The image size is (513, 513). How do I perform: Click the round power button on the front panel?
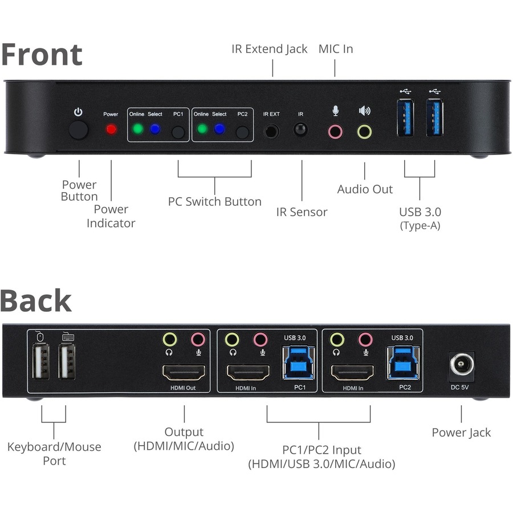[x=79, y=131]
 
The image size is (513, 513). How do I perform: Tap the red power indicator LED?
[x=111, y=129]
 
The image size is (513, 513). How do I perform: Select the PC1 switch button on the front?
[x=178, y=132]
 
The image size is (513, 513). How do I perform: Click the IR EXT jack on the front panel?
[x=271, y=131]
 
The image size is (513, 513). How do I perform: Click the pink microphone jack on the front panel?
[x=335, y=132]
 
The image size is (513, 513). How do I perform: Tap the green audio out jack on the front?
[x=364, y=132]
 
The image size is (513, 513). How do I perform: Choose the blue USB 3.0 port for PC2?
[x=404, y=363]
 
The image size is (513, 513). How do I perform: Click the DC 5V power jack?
[x=462, y=364]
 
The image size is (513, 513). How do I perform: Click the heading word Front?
[x=42, y=54]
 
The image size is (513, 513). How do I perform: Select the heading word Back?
[x=36, y=300]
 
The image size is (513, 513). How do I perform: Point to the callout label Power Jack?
[x=461, y=432]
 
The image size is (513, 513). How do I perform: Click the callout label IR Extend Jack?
[x=269, y=49]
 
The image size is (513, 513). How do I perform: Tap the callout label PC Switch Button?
[x=214, y=201]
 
